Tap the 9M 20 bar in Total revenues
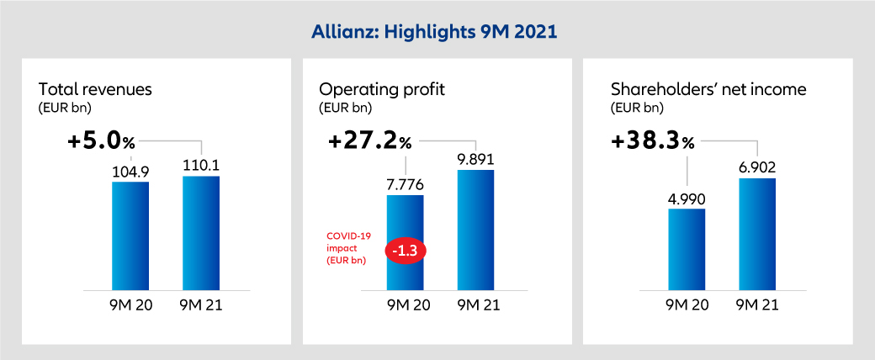point(130,236)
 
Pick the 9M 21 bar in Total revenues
point(201,233)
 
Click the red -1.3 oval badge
point(406,250)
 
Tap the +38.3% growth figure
point(653,140)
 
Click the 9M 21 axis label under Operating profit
point(476,305)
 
